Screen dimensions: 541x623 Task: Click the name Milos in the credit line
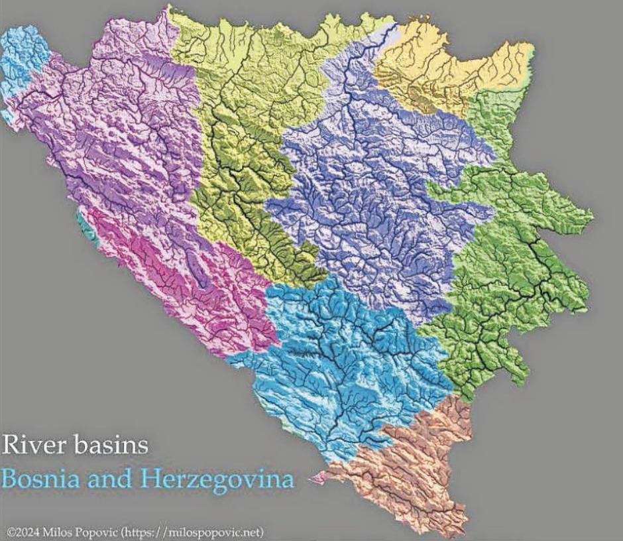click(x=64, y=532)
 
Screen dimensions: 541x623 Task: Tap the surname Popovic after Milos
click(x=103, y=532)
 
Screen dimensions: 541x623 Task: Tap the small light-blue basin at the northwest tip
click(x=23, y=60)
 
